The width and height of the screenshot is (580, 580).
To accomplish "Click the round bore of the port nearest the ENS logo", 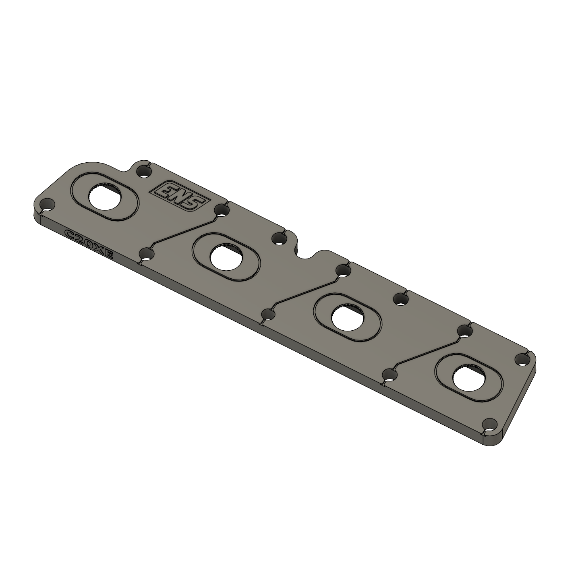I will (104, 196).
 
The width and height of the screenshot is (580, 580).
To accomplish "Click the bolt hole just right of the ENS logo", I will (221, 209).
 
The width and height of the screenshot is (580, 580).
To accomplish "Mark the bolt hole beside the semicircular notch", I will (279, 239).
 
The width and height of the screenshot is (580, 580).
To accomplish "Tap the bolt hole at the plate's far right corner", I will (522, 359).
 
